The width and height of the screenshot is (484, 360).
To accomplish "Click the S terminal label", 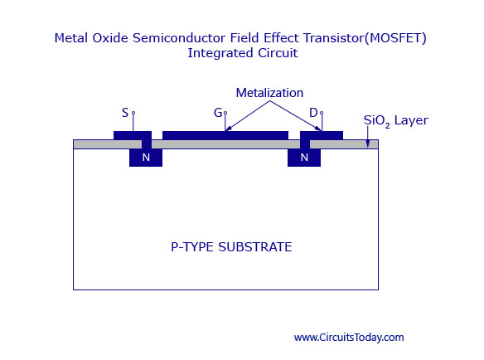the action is coord(124,113).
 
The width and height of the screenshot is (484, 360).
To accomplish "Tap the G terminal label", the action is coord(218,113).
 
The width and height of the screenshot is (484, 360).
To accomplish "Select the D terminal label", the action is coord(313,113).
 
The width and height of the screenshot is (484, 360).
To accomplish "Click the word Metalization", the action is coord(269,93).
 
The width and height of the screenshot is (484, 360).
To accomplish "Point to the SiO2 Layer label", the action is coord(395,120).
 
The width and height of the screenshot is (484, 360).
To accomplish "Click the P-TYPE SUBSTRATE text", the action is coord(231,247).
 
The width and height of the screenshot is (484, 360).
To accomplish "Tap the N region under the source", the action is coord(146,158).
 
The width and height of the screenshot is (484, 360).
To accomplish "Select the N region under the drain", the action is coord(304,158).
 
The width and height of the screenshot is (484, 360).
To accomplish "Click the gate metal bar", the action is coord(225,135).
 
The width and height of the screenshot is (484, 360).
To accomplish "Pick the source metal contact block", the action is coord(133,135).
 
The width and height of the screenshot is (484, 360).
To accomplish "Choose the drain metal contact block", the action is coord(322,135).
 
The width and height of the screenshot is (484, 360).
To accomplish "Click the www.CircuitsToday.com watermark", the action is coord(349,337).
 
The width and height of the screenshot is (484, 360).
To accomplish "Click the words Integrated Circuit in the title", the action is coord(243,53).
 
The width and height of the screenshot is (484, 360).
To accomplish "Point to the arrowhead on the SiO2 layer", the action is coord(368,144).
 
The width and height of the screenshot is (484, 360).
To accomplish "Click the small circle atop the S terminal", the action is coord(133,113).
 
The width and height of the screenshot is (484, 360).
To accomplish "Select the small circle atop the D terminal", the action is coord(322,113).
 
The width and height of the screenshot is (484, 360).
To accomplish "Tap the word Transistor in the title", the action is coord(334,38).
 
